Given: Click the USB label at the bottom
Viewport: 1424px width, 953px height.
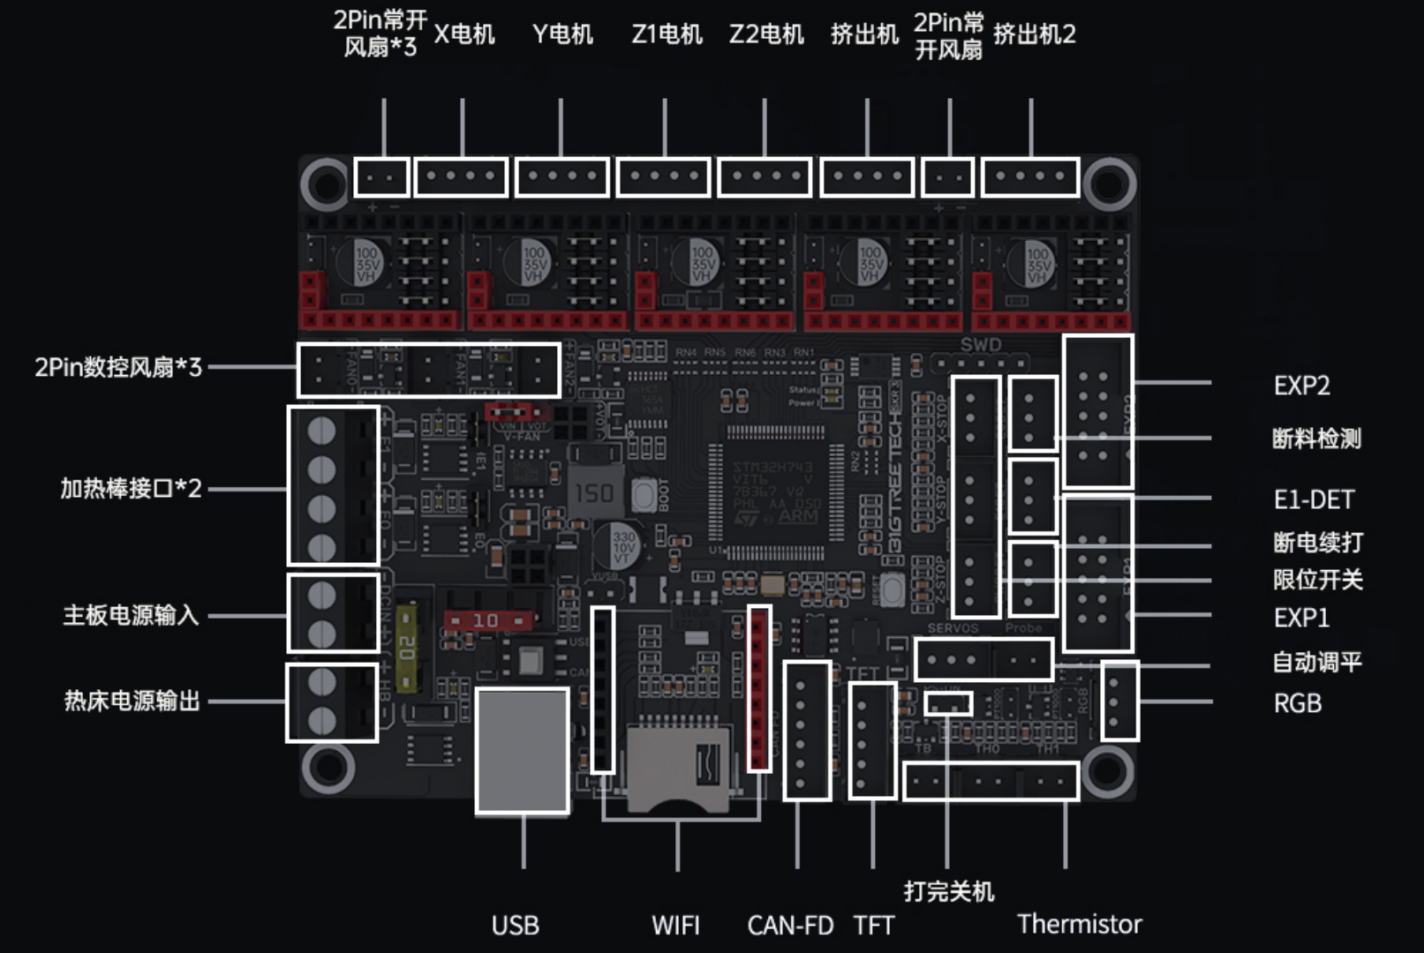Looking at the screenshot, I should (x=515, y=925).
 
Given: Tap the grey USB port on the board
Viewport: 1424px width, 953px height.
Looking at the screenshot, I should (x=522, y=750).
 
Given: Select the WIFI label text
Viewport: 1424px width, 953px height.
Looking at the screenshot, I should (x=675, y=925).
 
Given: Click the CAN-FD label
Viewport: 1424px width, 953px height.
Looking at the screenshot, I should (x=790, y=925).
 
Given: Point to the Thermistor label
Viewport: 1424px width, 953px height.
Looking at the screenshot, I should (x=1079, y=924).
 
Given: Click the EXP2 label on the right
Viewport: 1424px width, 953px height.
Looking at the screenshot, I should (x=1301, y=386).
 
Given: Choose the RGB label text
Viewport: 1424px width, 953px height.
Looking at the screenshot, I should (x=1297, y=703).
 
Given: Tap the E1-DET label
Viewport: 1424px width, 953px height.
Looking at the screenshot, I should (x=1313, y=499).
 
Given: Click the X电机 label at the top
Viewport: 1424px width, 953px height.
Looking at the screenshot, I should (x=464, y=34).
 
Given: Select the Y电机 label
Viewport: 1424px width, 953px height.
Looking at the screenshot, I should (x=562, y=34).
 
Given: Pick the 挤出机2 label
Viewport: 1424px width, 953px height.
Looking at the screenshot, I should (x=1034, y=34).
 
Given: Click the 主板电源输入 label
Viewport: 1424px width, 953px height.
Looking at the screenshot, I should (x=131, y=615).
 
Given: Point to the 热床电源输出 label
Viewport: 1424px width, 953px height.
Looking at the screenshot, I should (x=132, y=701).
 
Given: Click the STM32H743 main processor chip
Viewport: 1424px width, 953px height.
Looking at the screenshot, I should (x=775, y=491).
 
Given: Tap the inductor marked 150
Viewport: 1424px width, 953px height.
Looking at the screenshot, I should (x=594, y=492).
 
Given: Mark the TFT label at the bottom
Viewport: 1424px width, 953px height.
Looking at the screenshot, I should (x=873, y=925).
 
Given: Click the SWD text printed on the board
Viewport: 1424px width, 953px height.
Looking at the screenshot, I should (x=980, y=344).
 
